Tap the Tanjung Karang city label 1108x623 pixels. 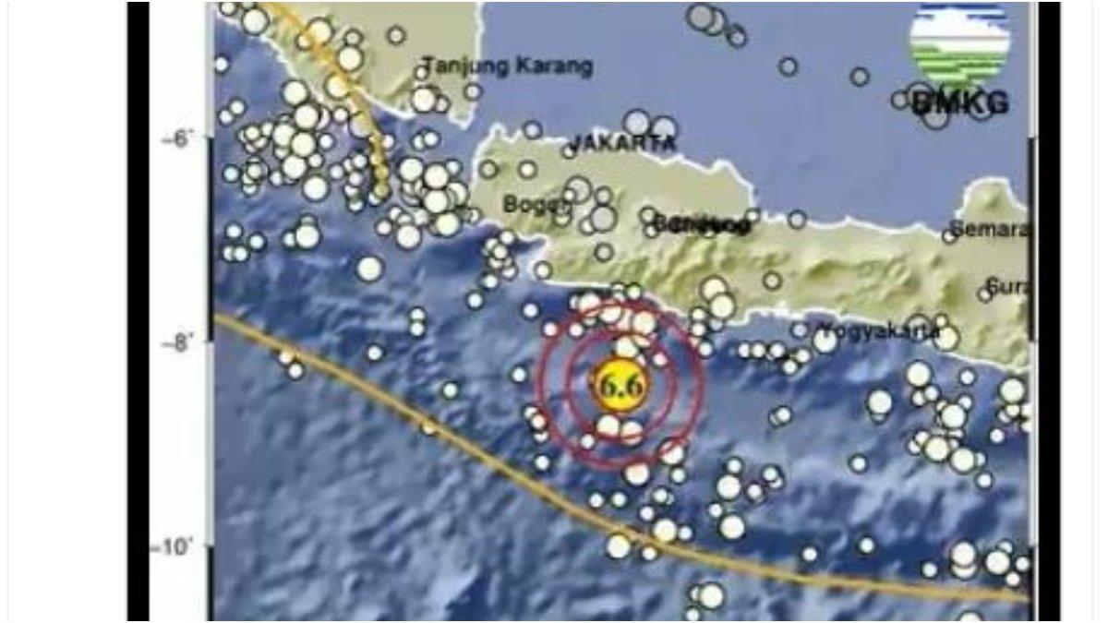coord(507,67)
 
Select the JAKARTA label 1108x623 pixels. coord(624,143)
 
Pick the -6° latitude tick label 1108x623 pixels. coord(177,138)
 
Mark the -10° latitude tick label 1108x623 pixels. coord(174,547)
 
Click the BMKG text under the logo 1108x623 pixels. coord(959,104)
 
